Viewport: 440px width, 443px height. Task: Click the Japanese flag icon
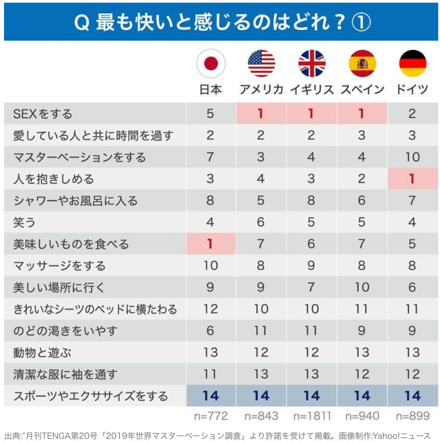[211, 64]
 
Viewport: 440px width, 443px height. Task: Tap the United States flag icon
[261, 64]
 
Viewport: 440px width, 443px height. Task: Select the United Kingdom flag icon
[311, 64]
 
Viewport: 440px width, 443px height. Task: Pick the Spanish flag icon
[362, 64]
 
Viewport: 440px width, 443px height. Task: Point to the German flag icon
[412, 64]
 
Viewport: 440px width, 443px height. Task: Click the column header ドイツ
[412, 89]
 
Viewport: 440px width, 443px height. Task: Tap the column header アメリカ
[261, 89]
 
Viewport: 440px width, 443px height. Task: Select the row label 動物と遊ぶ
[42, 353]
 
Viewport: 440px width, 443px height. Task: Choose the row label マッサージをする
[59, 266]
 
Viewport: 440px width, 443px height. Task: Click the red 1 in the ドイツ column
[412, 179]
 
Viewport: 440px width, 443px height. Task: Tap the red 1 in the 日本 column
[211, 244]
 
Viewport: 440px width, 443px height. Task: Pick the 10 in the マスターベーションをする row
[412, 157]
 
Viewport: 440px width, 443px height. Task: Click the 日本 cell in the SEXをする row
[211, 114]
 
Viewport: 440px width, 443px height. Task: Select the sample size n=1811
[312, 416]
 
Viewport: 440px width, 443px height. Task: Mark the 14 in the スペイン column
[362, 396]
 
